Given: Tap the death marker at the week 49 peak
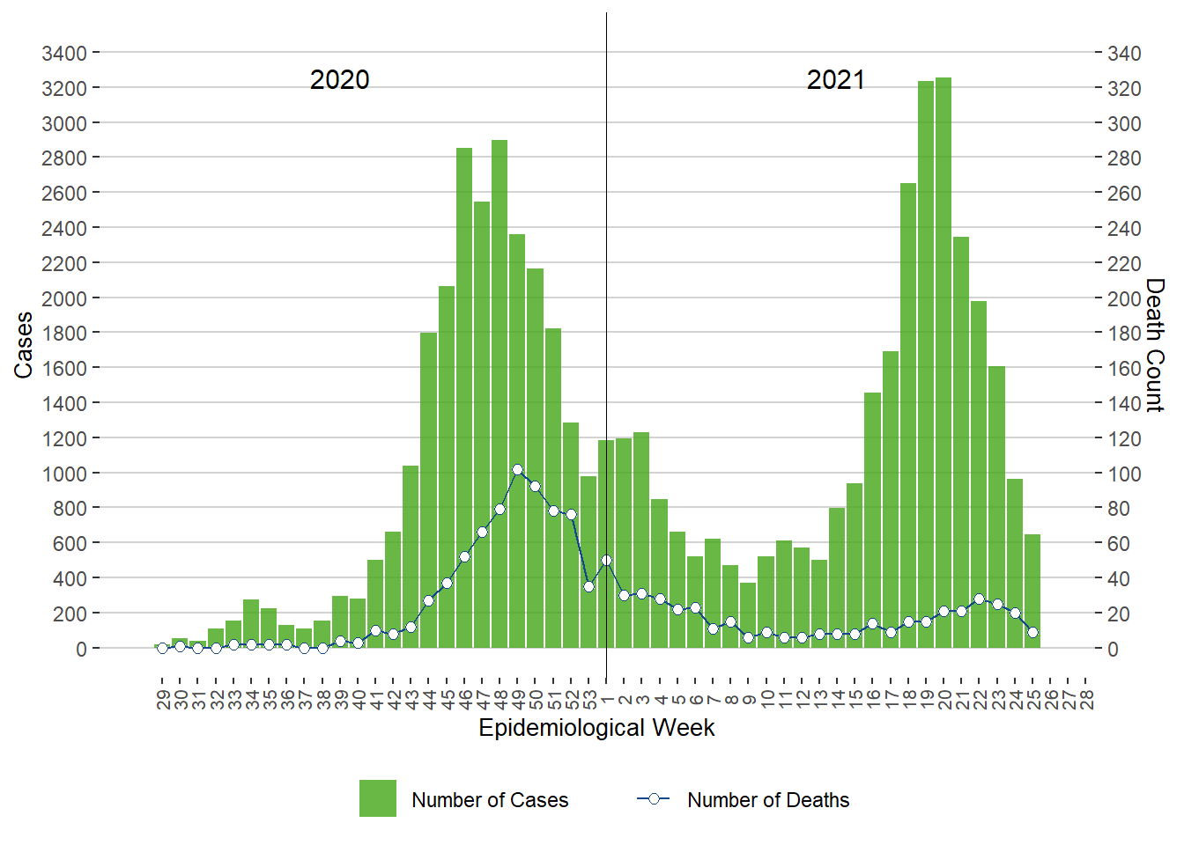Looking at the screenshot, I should pyautogui.click(x=517, y=470).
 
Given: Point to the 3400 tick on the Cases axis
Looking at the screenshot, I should pyautogui.click(x=64, y=54).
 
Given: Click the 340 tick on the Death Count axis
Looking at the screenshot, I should pyautogui.click(x=1124, y=54).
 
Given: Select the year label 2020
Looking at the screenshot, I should pyautogui.click(x=339, y=80).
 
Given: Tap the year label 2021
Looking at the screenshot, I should pyautogui.click(x=836, y=80).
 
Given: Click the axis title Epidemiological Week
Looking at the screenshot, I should pyautogui.click(x=596, y=728).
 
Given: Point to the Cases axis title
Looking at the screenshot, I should pyautogui.click(x=24, y=345).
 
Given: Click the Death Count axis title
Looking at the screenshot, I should pyautogui.click(x=1155, y=345).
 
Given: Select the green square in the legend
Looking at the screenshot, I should pyautogui.click(x=377, y=798).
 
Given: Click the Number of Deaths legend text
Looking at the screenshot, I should pyautogui.click(x=768, y=800).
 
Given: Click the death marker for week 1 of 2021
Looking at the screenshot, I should pyautogui.click(x=606, y=560).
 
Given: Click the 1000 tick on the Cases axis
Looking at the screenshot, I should pyautogui.click(x=64, y=474).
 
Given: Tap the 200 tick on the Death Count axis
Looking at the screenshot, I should pyautogui.click(x=1124, y=298).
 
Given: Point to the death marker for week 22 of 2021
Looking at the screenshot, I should pyautogui.click(x=979, y=599).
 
